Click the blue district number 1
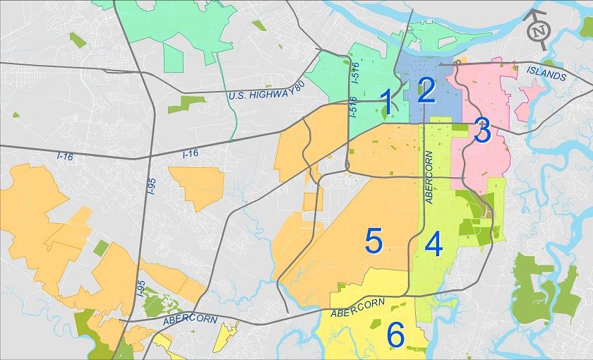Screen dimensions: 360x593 click(387, 102)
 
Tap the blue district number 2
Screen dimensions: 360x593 click(426, 91)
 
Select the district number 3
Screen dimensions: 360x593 click(482, 131)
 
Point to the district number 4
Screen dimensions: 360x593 click(433, 245)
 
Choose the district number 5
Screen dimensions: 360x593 click(373, 241)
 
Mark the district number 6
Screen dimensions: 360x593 click(395, 335)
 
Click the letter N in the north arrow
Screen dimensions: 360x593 click(539, 31)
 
